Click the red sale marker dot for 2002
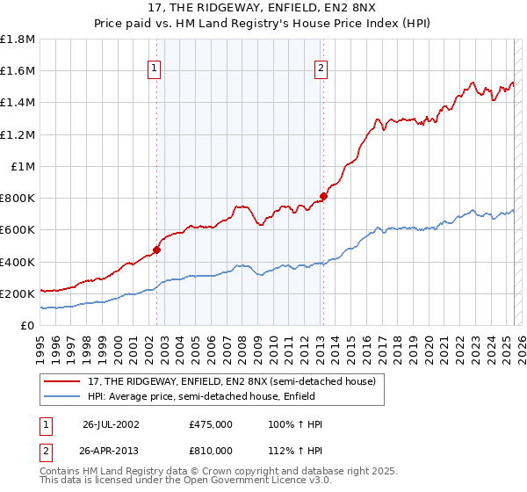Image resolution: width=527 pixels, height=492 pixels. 157,250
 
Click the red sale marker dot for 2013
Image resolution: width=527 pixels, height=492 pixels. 323,196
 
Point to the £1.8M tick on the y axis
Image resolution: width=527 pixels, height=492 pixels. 18,40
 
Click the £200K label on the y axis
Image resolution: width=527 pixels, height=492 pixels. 18,293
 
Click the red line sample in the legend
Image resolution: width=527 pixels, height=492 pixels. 62,381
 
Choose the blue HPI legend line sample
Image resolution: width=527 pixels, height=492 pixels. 62,396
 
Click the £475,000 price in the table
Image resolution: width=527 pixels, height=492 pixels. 210,424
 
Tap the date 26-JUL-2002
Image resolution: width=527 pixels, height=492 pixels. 111,424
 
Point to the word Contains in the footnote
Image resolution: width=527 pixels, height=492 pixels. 61,473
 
